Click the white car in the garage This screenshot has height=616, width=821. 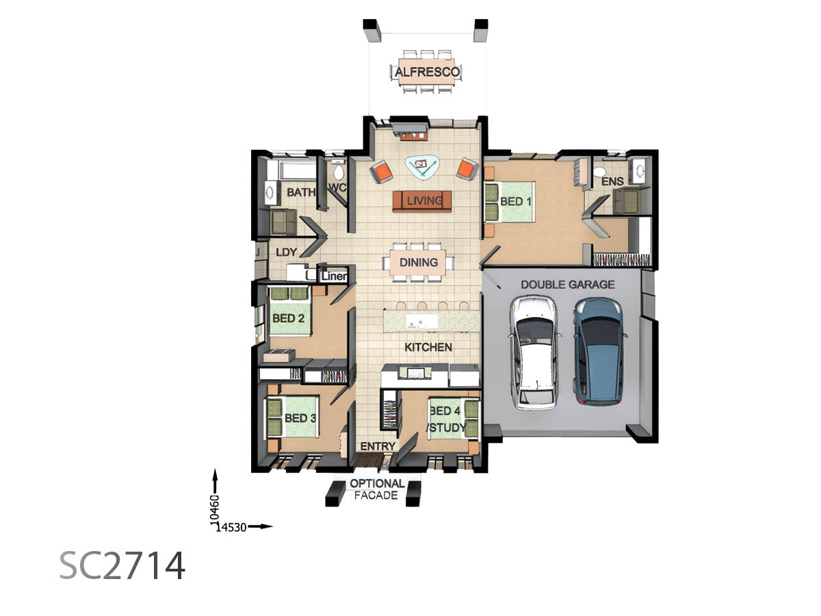click(x=535, y=352)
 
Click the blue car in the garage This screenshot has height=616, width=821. click(x=599, y=352)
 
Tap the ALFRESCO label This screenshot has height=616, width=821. click(x=427, y=72)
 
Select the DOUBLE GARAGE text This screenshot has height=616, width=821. click(x=567, y=285)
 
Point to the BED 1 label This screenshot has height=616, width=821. click(x=515, y=202)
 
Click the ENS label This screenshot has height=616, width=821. click(x=612, y=181)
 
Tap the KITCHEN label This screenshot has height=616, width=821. click(x=428, y=347)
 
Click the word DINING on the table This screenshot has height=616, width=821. click(x=419, y=262)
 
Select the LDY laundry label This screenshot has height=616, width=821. click(x=286, y=252)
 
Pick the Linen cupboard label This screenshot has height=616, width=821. click(x=334, y=277)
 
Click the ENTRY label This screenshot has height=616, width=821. click(x=378, y=446)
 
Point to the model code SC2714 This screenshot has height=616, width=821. click(x=122, y=566)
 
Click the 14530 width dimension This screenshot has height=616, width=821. click(x=231, y=527)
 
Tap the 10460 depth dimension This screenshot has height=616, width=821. click(x=214, y=509)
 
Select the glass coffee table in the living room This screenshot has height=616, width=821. click(x=422, y=166)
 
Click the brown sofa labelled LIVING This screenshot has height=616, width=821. click(x=421, y=201)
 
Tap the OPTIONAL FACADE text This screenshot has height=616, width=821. click(x=377, y=489)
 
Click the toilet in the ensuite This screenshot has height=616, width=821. click(x=599, y=172)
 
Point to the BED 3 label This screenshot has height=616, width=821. click(x=300, y=418)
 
